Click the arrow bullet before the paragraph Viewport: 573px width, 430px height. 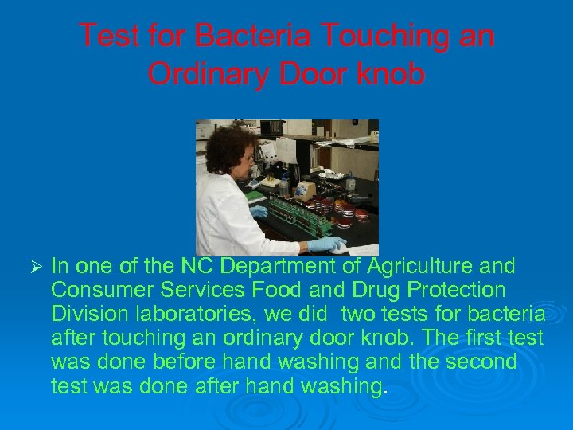pyautogui.click(x=33, y=266)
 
